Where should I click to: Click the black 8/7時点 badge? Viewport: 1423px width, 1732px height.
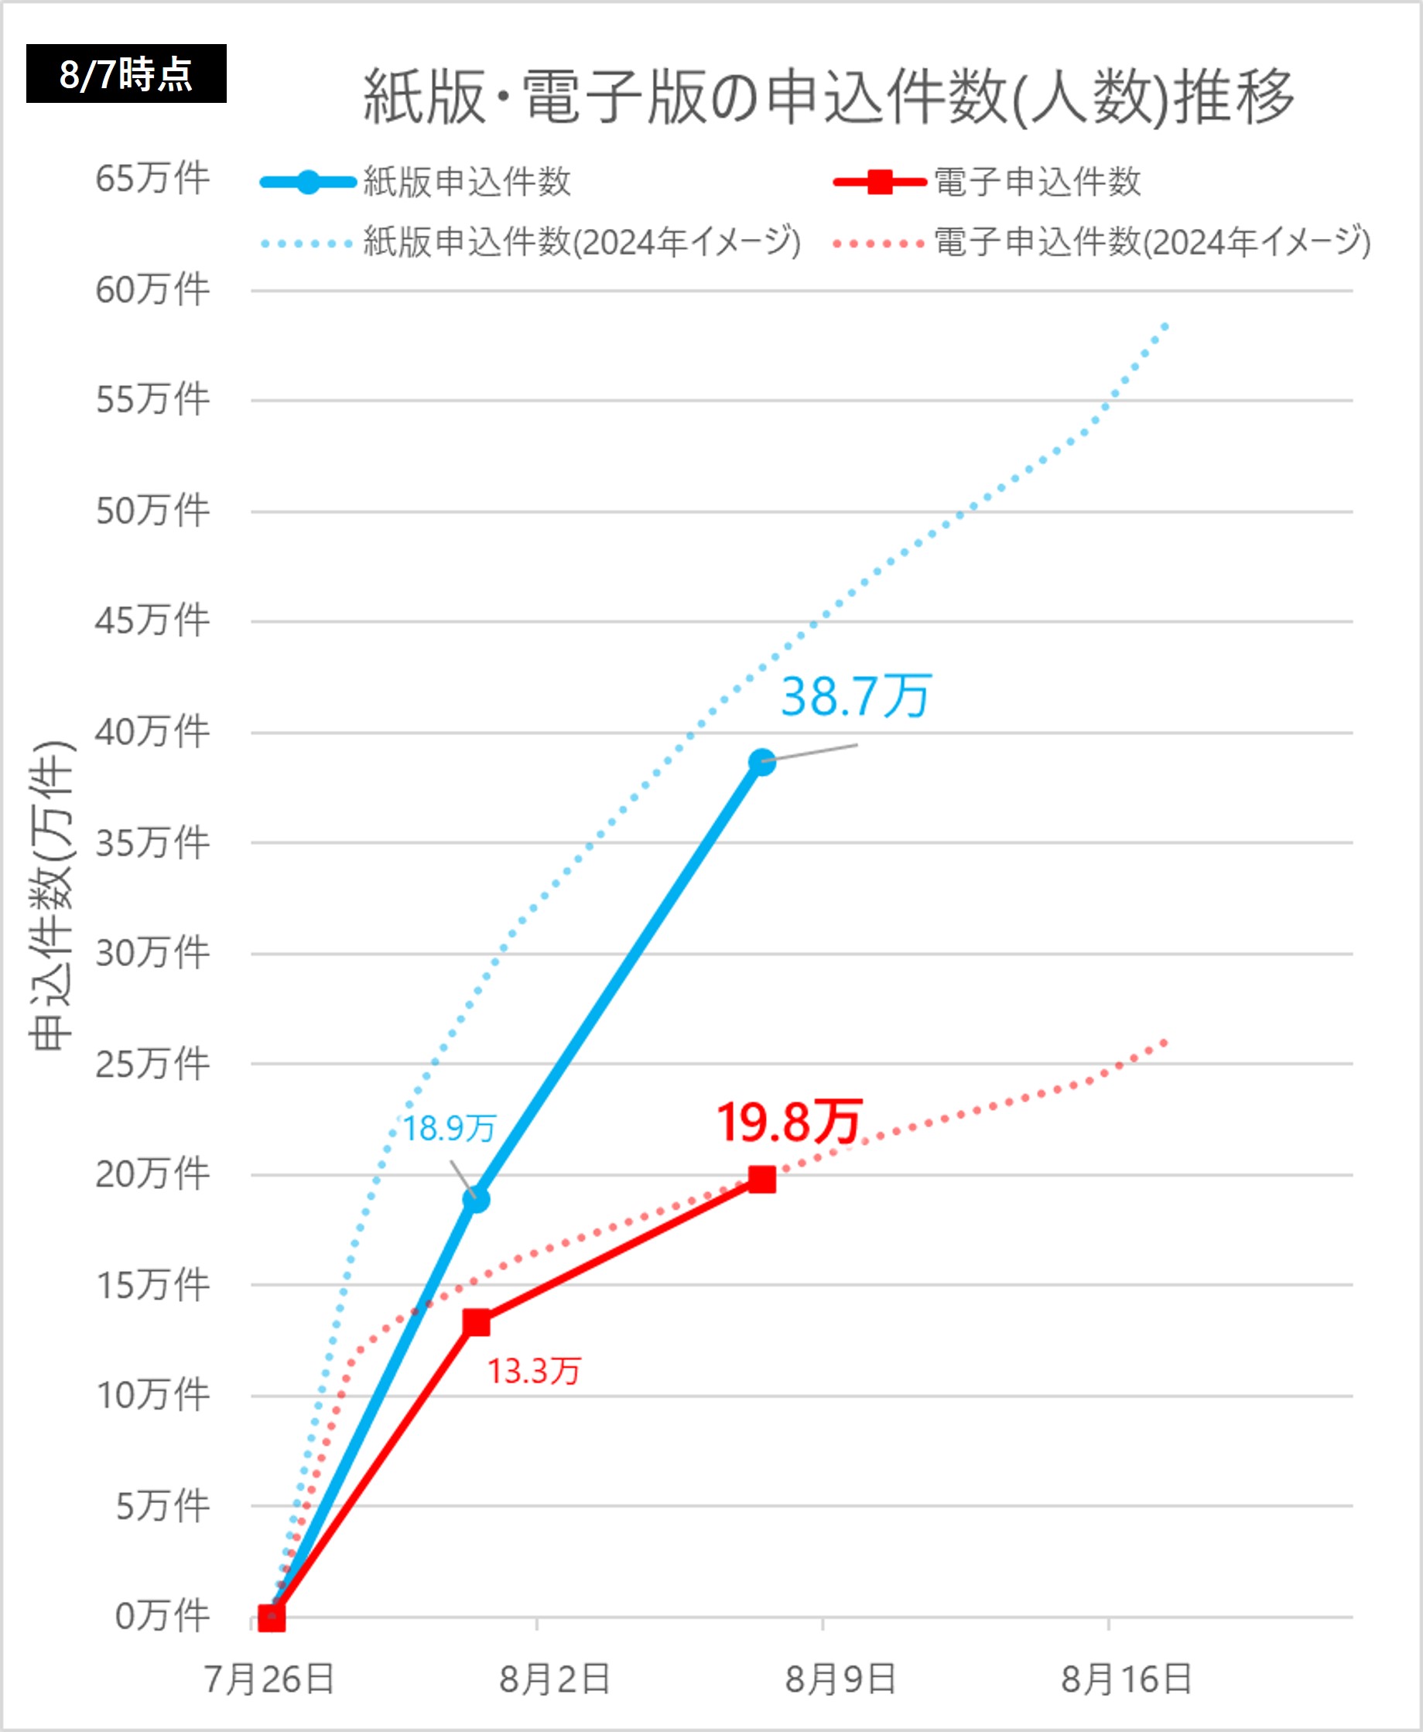126,73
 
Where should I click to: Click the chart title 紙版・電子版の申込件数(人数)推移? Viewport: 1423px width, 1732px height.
828,97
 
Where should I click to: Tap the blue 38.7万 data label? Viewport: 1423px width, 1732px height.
856,696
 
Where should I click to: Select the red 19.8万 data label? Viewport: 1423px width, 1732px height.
788,1122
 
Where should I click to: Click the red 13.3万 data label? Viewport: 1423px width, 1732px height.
535,1371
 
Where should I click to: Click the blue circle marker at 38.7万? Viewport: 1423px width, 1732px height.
762,762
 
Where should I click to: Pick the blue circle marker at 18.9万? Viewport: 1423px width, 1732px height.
476,1200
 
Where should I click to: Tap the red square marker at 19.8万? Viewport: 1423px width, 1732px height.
762,1179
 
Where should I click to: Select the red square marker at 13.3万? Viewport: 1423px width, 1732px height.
476,1322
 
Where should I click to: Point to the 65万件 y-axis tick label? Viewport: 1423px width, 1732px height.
153,179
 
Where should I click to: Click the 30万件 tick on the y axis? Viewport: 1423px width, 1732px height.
153,953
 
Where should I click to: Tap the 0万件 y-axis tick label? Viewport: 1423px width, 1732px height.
162,1617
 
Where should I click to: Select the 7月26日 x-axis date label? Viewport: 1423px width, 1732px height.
269,1679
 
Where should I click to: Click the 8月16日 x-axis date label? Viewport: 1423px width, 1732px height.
1127,1679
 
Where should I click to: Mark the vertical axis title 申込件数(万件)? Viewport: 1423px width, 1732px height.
53,895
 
